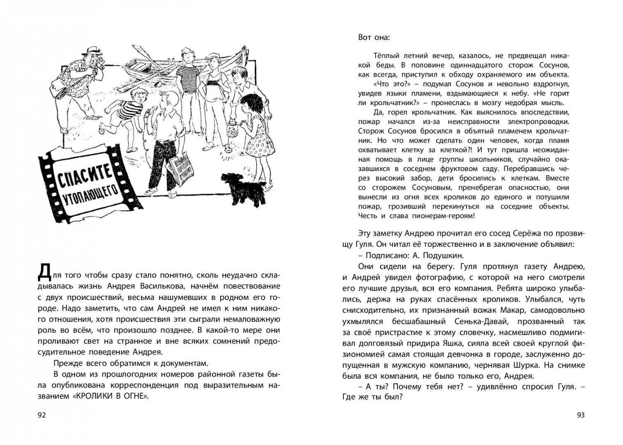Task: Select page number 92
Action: point(42,415)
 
